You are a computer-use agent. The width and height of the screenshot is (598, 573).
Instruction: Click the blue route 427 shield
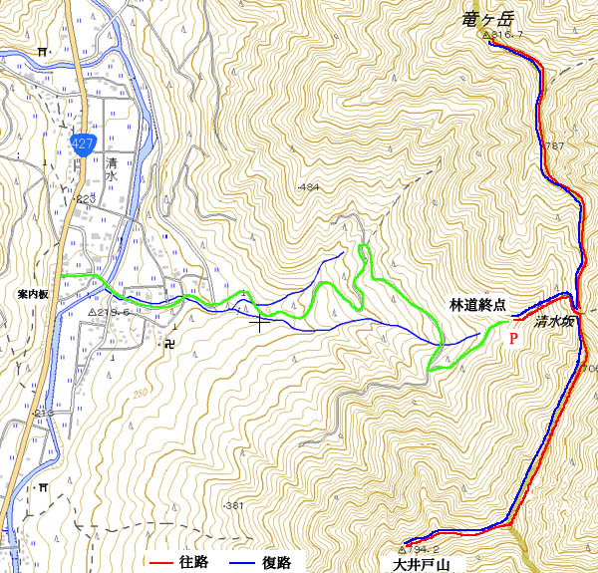pyautogui.click(x=83, y=143)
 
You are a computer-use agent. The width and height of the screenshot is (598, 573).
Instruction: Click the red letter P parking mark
pyautogui.click(x=513, y=339)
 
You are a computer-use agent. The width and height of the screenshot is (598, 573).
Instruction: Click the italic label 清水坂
pyautogui.click(x=554, y=322)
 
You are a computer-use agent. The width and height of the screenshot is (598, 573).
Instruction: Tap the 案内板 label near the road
pyautogui.click(x=33, y=295)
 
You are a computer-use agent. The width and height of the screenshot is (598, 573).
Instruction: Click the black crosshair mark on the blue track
pyautogui.click(x=261, y=321)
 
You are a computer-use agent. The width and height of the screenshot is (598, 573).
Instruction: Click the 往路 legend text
pyautogui.click(x=193, y=563)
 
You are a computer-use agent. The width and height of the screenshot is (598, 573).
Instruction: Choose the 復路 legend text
pyautogui.click(x=277, y=563)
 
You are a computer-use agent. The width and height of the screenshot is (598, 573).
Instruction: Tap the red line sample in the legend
pyautogui.click(x=157, y=563)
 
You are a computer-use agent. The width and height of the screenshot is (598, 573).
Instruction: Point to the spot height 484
pyautogui.click(x=308, y=187)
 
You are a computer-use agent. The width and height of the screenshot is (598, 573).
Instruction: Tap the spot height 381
pyautogui.click(x=234, y=506)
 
